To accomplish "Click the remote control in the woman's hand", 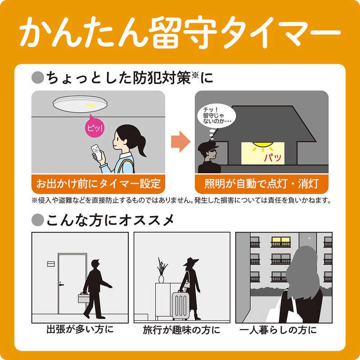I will click(96, 151).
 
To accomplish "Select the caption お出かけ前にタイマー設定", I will click(99, 183).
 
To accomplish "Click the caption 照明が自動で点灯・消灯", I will click(261, 183).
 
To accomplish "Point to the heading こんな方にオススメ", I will click(107, 220).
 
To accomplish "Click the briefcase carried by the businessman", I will click(83, 297).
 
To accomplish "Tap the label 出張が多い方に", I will click(80, 330).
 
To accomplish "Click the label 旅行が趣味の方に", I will click(182, 330).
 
